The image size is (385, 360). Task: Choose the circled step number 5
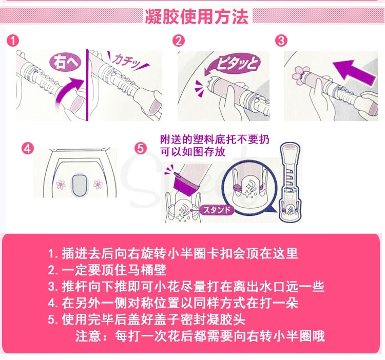141,149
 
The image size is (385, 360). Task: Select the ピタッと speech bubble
236,64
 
